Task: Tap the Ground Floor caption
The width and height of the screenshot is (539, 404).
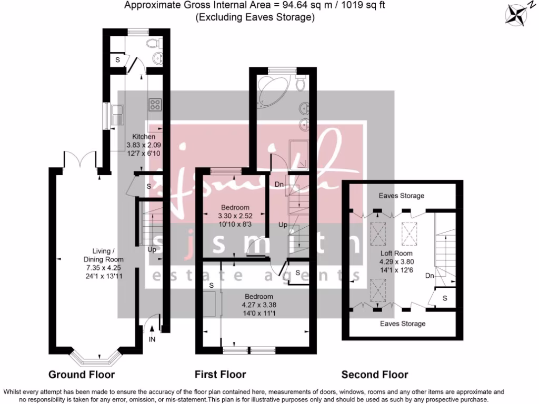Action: (82, 375)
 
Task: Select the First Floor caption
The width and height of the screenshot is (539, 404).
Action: (220, 375)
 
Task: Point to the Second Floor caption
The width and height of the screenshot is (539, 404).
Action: (375, 375)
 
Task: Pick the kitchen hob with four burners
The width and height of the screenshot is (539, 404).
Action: (155, 104)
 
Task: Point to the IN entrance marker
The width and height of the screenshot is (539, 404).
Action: (152, 340)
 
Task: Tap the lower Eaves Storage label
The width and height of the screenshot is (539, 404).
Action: (403, 324)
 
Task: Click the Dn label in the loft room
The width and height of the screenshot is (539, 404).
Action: (429, 275)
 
